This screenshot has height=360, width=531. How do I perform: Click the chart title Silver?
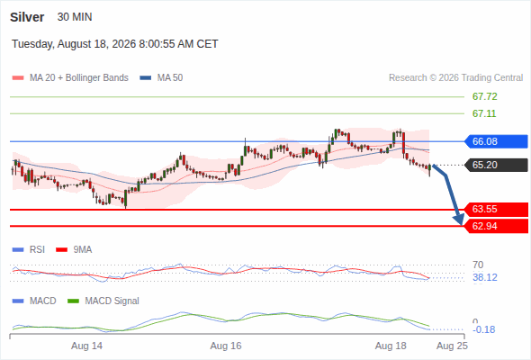pos(27,17)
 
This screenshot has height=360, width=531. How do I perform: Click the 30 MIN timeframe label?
pos(75,17)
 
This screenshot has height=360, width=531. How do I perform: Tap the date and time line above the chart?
pos(115,44)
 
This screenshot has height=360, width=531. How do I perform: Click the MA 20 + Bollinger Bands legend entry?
pos(70,78)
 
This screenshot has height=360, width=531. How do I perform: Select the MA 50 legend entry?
pos(161,78)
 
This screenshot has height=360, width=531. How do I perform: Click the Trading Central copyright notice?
pos(455,78)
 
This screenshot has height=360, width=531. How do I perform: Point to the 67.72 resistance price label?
pos(484,96)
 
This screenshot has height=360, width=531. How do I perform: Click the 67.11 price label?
pos(484,113)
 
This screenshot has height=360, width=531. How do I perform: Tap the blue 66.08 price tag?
pos(496,141)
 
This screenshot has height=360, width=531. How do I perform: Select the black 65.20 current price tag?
pos(496,165)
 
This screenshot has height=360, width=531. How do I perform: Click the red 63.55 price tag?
pos(496,210)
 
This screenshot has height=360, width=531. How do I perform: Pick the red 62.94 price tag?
pos(496,226)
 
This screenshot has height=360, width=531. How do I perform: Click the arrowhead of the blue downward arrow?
pos(460,220)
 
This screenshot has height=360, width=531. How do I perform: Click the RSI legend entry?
pos(29,249)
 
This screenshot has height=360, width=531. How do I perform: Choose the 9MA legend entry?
pos(74,249)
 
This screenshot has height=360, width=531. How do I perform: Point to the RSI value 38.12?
pos(485,278)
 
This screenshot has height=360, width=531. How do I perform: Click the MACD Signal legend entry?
pos(103,301)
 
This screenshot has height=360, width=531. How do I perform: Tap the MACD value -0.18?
pos(483,329)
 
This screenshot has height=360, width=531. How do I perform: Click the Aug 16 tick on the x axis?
pos(226,346)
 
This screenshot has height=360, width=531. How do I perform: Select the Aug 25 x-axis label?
pos(452,346)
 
